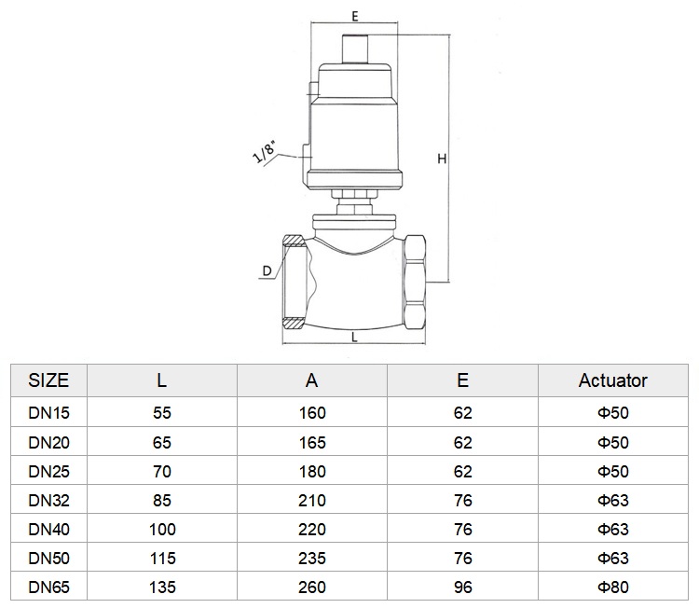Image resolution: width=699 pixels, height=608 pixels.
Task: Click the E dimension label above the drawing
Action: [x=355, y=16]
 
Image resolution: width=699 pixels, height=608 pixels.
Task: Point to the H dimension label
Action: [x=442, y=159]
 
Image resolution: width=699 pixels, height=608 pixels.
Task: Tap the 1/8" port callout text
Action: [x=264, y=152]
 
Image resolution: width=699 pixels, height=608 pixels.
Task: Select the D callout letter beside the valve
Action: [x=267, y=270]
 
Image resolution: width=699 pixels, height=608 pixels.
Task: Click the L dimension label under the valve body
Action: [x=354, y=338]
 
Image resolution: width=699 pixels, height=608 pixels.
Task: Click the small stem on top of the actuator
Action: [x=354, y=49]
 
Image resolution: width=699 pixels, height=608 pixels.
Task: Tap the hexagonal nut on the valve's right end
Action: [x=415, y=283]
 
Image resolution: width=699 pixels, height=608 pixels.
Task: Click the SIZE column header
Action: [x=48, y=380]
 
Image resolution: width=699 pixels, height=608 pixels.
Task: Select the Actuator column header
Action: [x=613, y=380]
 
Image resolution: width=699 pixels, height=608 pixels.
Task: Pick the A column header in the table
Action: [x=311, y=380]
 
